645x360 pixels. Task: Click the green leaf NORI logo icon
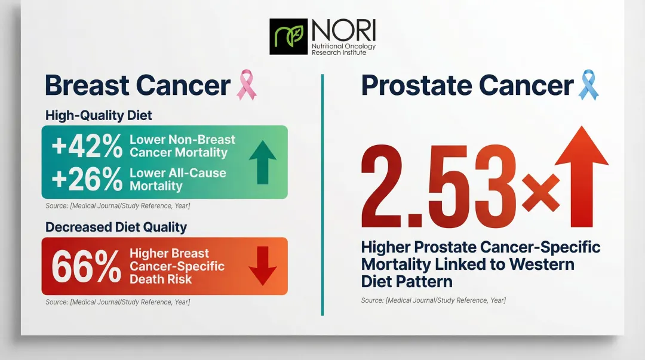coord(289,36)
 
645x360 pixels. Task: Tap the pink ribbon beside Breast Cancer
coord(247,85)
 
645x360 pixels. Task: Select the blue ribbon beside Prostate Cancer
coord(588,85)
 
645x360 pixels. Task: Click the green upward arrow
coord(262,161)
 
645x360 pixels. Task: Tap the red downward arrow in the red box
coord(262,266)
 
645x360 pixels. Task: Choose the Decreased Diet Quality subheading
coord(116,227)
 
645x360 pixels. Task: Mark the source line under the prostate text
coord(433,300)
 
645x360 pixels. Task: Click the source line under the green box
coord(118,206)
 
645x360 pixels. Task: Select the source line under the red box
coord(118,302)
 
